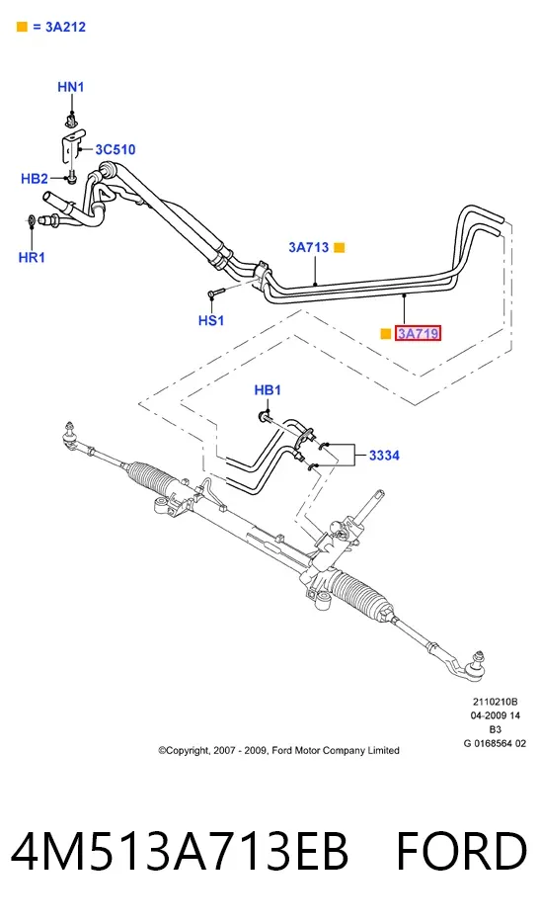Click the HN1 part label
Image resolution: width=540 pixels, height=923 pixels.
[71, 87]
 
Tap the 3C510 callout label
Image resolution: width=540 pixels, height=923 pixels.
[116, 149]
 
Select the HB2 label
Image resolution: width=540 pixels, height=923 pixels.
[35, 178]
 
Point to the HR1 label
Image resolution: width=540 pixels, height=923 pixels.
[32, 257]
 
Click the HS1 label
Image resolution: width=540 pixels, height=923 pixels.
[211, 320]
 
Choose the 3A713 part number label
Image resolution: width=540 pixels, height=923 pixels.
[308, 247]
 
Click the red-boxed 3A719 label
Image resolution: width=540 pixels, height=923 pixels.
[419, 334]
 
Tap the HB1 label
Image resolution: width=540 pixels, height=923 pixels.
[268, 390]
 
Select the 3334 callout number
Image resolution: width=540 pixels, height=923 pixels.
[384, 455]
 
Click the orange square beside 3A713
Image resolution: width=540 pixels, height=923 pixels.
[340, 248]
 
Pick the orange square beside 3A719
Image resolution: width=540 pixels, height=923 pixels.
[386, 334]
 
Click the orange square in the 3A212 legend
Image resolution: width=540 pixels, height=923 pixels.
[22, 27]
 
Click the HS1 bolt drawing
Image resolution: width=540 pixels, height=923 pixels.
[216, 293]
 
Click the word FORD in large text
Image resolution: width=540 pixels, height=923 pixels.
[462, 851]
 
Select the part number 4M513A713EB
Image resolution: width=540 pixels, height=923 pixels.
[180, 851]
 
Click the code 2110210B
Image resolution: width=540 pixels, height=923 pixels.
[496, 701]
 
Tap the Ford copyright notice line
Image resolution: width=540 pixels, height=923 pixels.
[278, 750]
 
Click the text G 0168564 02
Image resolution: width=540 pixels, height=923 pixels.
[496, 743]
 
